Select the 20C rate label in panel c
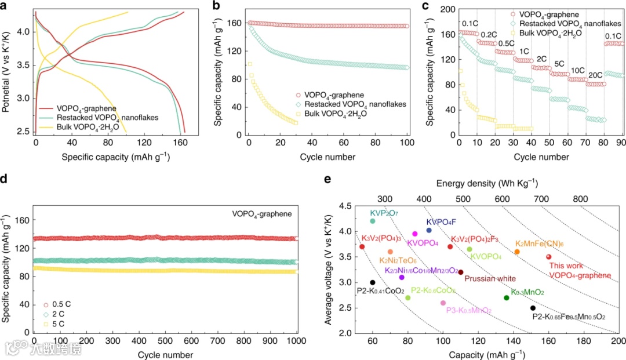[x=595, y=75]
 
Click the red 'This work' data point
[x=548, y=257]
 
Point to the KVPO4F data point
[x=429, y=230]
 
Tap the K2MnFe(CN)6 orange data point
[x=517, y=252]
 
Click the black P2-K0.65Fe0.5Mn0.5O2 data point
[x=533, y=308]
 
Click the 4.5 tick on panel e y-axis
[x=344, y=206]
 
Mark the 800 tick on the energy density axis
[x=580, y=198]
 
